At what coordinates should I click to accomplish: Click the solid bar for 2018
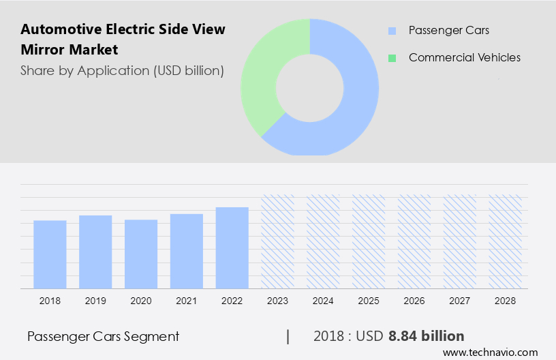click(x=50, y=254)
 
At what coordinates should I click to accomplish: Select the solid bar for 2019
click(x=95, y=252)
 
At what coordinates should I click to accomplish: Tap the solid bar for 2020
click(x=141, y=254)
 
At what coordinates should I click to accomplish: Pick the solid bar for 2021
click(x=187, y=250)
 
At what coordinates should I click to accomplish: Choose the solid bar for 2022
click(x=232, y=247)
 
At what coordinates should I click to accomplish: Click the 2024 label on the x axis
click(x=324, y=301)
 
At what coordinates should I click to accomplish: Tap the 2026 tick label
click(x=414, y=301)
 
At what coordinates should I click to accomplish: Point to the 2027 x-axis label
click(x=460, y=301)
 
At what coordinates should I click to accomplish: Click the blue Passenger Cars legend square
click(x=392, y=31)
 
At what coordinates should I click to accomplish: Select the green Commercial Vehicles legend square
click(x=392, y=58)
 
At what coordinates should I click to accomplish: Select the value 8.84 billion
click(x=426, y=336)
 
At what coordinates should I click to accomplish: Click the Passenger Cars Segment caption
click(x=103, y=336)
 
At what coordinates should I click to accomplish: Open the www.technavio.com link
click(x=490, y=352)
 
